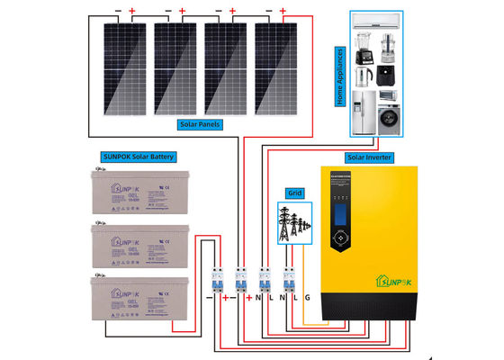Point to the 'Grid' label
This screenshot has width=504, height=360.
293,193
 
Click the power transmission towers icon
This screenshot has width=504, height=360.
293,223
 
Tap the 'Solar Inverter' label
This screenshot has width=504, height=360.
370,157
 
